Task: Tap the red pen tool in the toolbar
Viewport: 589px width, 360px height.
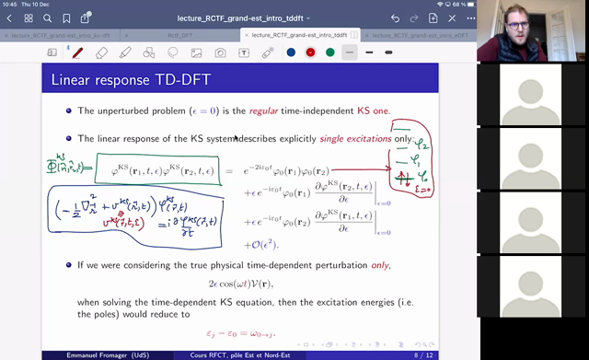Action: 77,52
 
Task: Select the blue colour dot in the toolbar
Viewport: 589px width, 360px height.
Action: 291,52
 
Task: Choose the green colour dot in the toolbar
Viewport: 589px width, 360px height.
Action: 329,52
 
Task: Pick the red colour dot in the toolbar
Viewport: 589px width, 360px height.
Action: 310,52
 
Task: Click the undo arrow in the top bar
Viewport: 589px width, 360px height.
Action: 395,17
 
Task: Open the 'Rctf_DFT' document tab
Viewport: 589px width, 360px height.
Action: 183,35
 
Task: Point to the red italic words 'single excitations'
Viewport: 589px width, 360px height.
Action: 354,138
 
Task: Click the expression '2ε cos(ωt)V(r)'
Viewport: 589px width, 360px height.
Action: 278,286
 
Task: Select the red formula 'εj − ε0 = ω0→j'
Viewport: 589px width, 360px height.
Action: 278,334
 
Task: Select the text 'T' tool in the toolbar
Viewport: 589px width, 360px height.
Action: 244,52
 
